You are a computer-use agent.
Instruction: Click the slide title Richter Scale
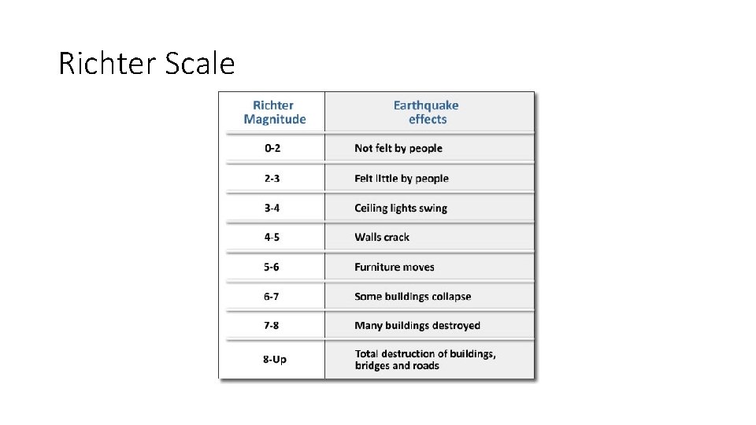click(x=146, y=63)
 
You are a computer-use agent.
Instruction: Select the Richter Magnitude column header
click(x=274, y=112)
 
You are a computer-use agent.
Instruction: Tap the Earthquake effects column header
click(x=426, y=112)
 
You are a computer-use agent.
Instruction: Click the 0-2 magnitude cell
click(x=272, y=148)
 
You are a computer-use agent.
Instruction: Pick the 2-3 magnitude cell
click(x=272, y=178)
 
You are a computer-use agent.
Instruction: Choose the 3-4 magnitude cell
click(x=272, y=208)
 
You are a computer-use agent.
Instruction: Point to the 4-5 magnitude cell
click(x=272, y=237)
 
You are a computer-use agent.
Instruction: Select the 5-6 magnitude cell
click(x=272, y=267)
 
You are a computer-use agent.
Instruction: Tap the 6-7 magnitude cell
click(x=272, y=297)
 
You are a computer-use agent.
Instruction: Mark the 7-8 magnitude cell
click(x=272, y=325)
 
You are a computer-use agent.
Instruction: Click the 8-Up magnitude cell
click(x=274, y=359)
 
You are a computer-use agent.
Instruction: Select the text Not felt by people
click(x=398, y=148)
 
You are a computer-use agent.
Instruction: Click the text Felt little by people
click(x=402, y=178)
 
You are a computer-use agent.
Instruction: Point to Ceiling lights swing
click(x=401, y=208)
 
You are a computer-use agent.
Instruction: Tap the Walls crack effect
click(x=382, y=237)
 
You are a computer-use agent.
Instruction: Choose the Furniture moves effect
click(x=395, y=267)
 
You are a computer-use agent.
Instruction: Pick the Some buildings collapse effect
click(x=413, y=297)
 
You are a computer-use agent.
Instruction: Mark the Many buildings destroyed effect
click(x=417, y=325)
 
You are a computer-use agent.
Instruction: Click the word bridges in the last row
click(x=372, y=366)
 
